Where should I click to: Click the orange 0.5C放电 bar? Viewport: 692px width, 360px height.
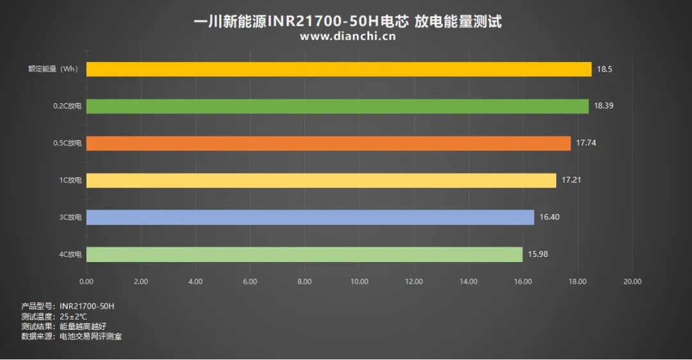click(x=328, y=143)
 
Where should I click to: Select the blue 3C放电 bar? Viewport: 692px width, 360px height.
click(x=310, y=218)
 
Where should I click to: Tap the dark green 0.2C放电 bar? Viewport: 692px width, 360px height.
click(x=338, y=106)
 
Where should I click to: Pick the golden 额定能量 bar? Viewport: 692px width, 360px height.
click(x=339, y=69)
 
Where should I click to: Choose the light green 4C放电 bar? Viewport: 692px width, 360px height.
click(x=304, y=254)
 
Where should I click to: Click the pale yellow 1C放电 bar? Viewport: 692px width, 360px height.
click(x=321, y=181)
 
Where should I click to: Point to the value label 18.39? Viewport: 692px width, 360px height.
click(x=604, y=106)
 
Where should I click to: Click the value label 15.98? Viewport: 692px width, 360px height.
click(x=538, y=254)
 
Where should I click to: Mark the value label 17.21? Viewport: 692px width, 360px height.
click(x=572, y=180)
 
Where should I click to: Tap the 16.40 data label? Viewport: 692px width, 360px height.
click(x=550, y=217)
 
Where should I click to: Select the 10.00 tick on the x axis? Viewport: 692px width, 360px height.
click(x=359, y=281)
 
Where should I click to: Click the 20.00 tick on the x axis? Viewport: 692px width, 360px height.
click(x=632, y=281)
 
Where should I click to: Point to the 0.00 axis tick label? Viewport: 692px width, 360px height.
click(x=86, y=281)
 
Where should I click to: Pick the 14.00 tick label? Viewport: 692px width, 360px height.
click(x=468, y=281)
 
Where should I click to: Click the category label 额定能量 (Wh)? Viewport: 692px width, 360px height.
click(x=53, y=69)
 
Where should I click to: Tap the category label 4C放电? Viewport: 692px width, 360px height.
click(x=70, y=254)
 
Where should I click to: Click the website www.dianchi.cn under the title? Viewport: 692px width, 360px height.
click(x=348, y=36)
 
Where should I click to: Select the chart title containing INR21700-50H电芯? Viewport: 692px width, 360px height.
click(x=348, y=20)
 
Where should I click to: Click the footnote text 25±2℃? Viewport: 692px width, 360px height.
click(x=73, y=316)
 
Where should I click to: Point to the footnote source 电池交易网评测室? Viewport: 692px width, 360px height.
click(x=91, y=336)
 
